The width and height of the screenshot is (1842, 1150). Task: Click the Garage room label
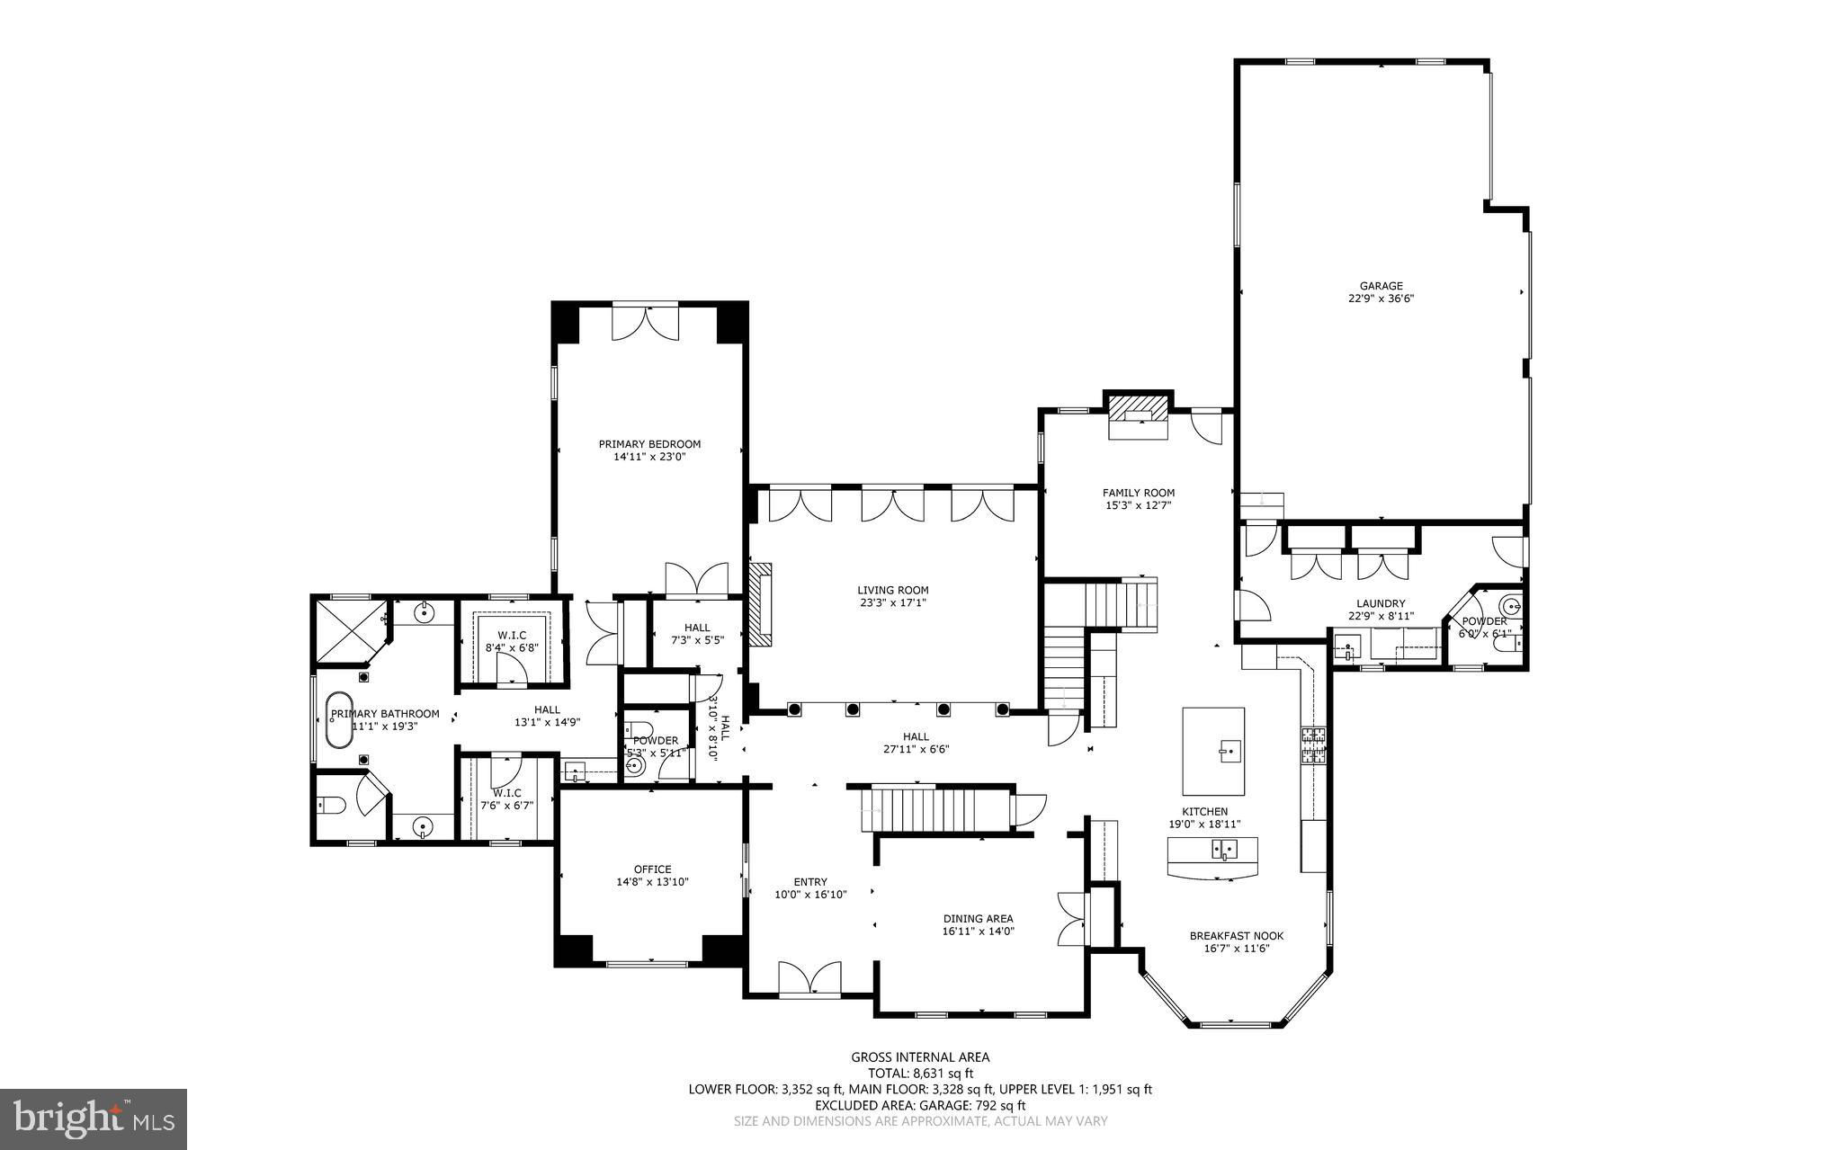[1381, 286]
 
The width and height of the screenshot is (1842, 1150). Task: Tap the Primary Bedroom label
[649, 443]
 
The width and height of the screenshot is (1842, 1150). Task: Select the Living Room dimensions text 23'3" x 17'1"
[892, 603]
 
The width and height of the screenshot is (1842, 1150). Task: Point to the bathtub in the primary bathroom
[338, 720]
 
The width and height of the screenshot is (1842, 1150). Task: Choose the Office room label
[652, 869]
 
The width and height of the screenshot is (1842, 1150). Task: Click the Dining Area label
[978, 919]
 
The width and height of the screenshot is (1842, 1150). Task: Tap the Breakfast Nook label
[1236, 936]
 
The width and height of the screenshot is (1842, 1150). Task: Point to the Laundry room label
[1381, 604]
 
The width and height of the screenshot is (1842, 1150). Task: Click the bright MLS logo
[94, 1119]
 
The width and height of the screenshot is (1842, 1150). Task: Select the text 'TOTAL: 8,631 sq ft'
[920, 1073]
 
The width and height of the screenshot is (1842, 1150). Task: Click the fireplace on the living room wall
[761, 604]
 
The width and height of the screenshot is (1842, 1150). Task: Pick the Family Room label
[1139, 493]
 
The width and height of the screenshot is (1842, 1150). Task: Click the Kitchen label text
[1204, 812]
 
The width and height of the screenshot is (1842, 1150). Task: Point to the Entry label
[810, 882]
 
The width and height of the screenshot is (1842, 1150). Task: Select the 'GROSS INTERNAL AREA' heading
[920, 1057]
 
